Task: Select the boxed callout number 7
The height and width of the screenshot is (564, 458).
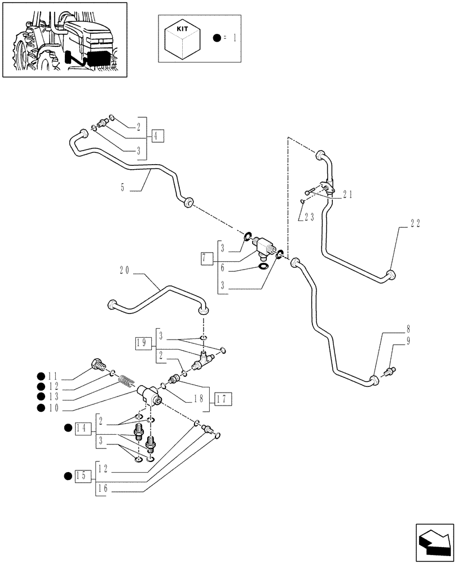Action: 207,259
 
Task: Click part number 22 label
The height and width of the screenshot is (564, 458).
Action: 415,223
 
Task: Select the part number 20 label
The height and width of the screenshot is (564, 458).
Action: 125,270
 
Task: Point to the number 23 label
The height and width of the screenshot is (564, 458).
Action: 307,216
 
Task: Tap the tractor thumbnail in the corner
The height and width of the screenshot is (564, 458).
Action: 64,39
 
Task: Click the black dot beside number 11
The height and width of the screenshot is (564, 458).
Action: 41,376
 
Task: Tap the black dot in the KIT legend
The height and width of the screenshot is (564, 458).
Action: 217,38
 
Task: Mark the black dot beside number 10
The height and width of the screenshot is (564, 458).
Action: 41,408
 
